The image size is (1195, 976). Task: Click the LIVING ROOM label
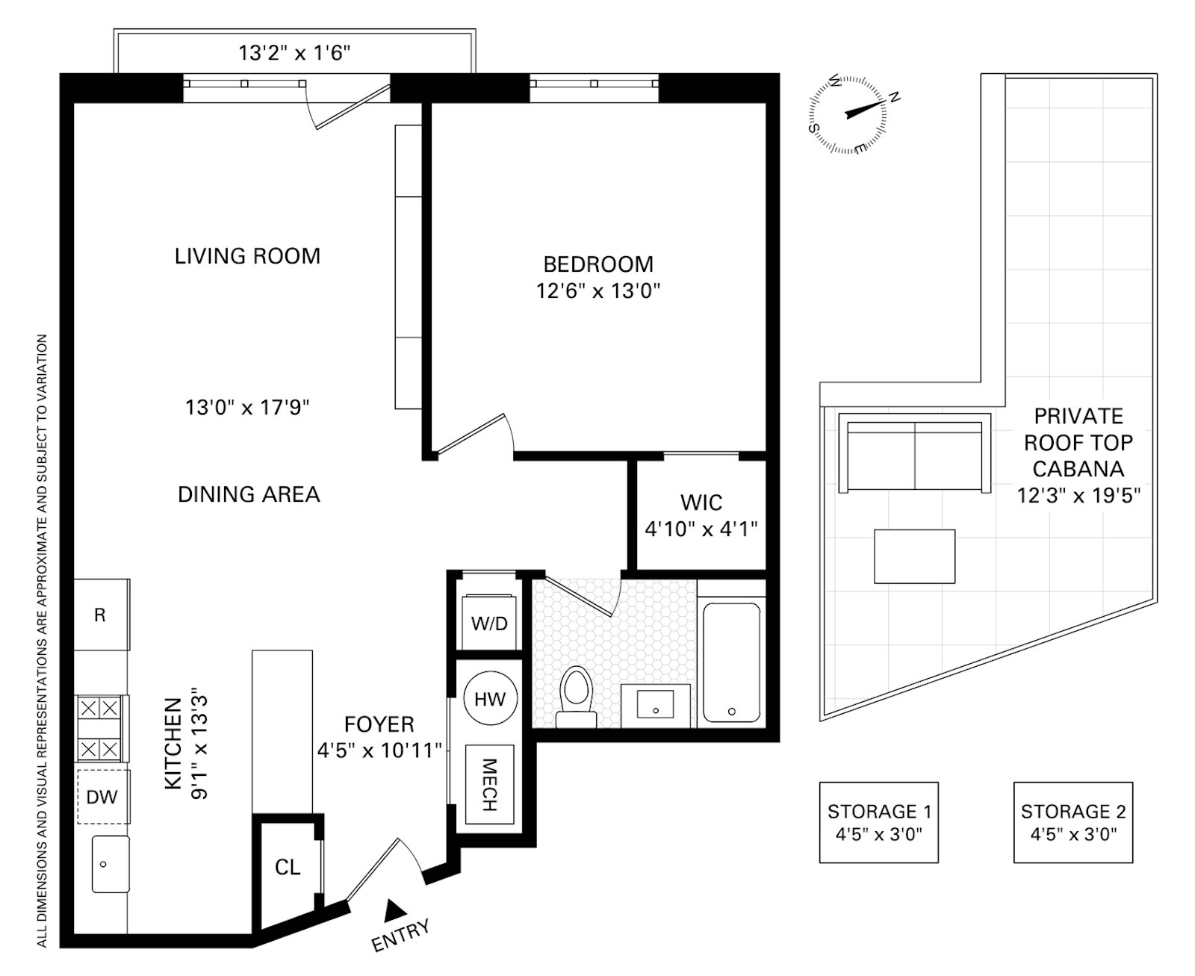click(247, 256)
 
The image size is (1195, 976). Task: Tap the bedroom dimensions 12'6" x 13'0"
click(598, 291)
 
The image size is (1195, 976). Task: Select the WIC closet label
click(701, 503)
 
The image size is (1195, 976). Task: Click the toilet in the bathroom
click(577, 697)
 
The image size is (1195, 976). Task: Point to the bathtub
click(731, 662)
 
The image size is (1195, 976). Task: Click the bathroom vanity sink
click(656, 705)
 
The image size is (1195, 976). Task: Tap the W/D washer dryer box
click(489, 621)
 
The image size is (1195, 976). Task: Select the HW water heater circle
click(490, 698)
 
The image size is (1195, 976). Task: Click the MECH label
click(489, 785)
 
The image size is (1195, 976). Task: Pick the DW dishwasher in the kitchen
click(102, 797)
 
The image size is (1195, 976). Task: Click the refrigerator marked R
click(102, 615)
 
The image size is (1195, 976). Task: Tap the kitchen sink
click(111, 865)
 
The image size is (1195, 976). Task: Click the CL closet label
click(288, 867)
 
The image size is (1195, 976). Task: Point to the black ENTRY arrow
click(395, 910)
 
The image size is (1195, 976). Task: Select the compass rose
click(848, 114)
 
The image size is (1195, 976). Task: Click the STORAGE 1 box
click(879, 822)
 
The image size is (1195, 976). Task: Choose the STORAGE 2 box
click(1073, 822)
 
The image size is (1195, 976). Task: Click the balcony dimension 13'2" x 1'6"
click(294, 53)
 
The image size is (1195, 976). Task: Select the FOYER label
click(379, 724)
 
